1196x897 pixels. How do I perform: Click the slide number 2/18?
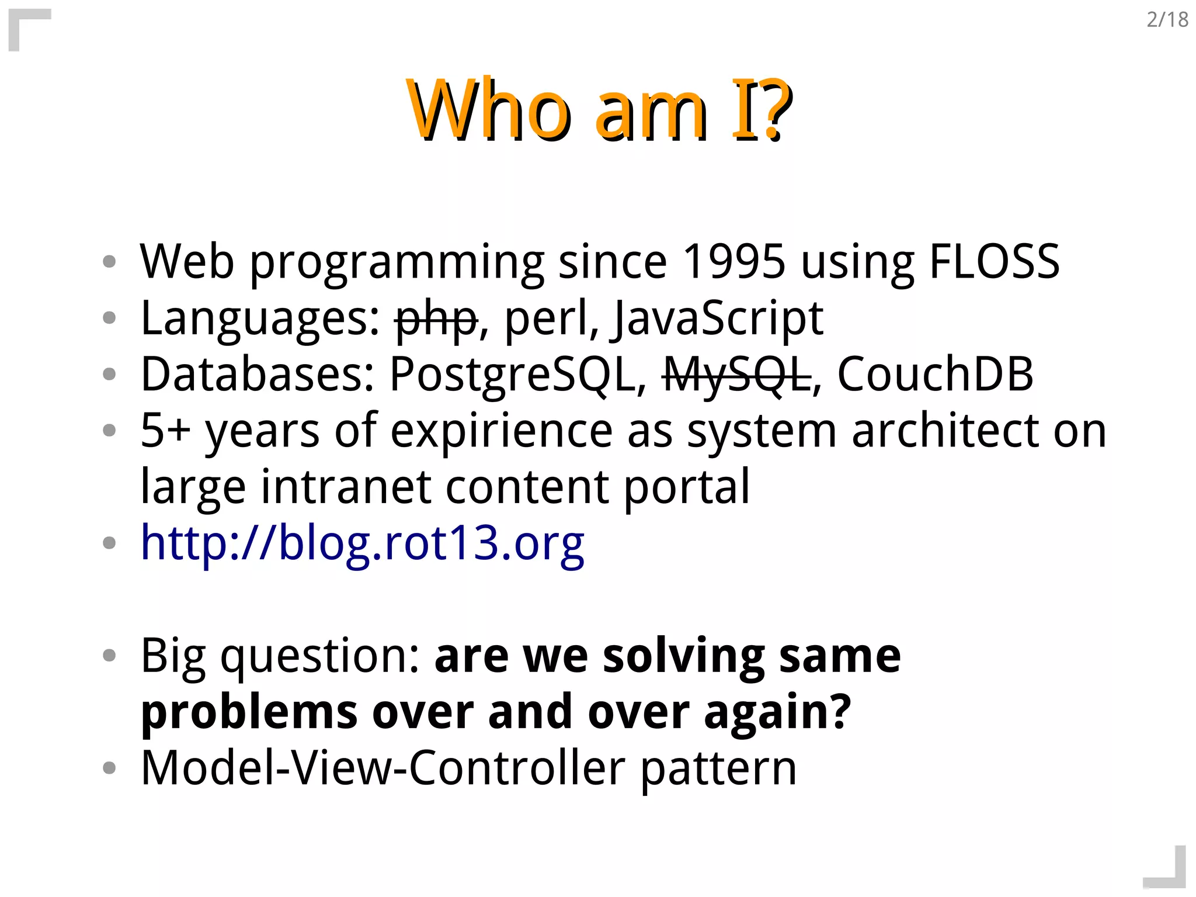(1167, 20)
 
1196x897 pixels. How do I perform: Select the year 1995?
(733, 261)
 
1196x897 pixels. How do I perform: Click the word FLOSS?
(993, 261)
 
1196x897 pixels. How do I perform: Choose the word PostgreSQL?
(517, 375)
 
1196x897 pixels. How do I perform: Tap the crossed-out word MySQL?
(736, 375)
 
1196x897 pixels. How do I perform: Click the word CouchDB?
(935, 374)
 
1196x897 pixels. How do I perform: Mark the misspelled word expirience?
(501, 431)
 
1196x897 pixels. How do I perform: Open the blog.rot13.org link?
(362, 543)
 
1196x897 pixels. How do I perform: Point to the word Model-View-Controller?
(383, 768)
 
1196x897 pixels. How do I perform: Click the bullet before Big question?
(109, 656)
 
